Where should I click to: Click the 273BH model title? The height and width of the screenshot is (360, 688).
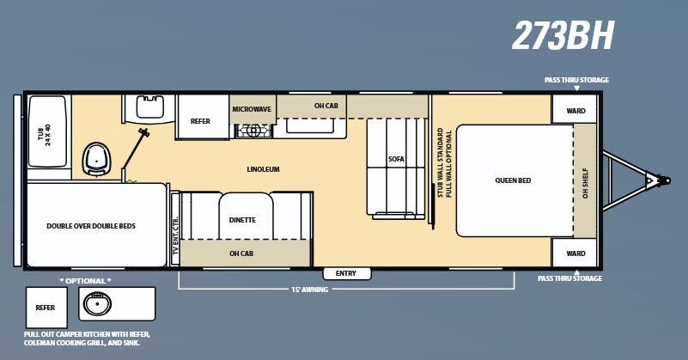point(563,36)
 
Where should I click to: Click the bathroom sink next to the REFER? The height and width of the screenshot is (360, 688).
point(150,107)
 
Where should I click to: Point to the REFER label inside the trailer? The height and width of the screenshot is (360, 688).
point(199,121)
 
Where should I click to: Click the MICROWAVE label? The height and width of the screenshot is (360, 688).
point(253,109)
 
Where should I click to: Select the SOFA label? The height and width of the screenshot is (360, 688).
point(396,160)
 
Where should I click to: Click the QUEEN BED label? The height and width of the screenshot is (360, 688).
point(513,180)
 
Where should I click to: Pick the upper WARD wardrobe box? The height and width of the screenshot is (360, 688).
point(575,110)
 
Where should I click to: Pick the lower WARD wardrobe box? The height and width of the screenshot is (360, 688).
point(575,253)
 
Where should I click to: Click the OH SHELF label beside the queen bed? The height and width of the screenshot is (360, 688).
point(586,180)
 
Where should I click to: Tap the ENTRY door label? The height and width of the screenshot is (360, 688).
point(346,273)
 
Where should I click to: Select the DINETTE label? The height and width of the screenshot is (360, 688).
point(242,220)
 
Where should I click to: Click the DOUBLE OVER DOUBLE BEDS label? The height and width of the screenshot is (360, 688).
point(91,226)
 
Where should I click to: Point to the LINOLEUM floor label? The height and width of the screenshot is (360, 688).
point(263,169)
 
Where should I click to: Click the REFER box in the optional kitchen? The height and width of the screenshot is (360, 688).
point(46,307)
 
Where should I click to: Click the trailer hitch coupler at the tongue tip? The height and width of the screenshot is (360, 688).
point(661,180)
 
